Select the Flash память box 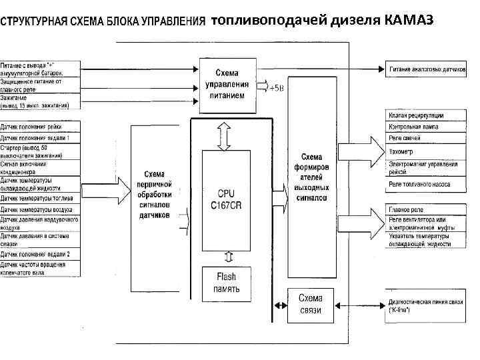pyautogui.click(x=226, y=283)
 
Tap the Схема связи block pyautogui.click(x=310, y=304)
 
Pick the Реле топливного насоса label pyautogui.click(x=419, y=184)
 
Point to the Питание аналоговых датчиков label pyautogui.click(x=427, y=69)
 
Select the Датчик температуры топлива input pyautogui.click(x=40, y=197)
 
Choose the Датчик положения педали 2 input pyautogui.click(x=40, y=254)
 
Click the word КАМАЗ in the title pyautogui.click(x=409, y=20)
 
